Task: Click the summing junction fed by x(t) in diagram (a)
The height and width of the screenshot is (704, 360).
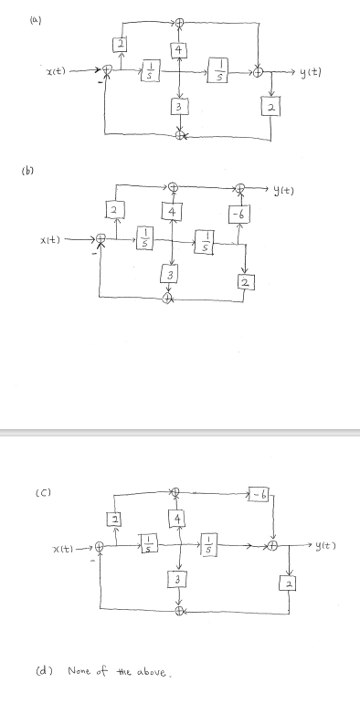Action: (108, 70)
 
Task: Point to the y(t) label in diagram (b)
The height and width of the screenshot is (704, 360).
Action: (281, 189)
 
